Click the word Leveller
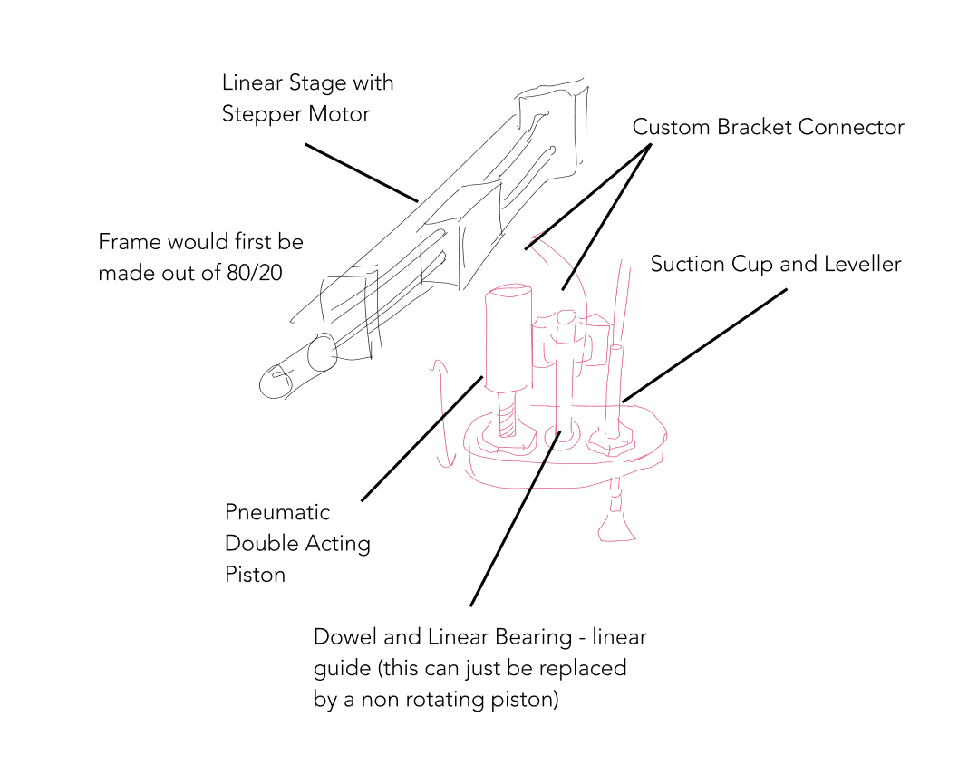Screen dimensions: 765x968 coord(862,264)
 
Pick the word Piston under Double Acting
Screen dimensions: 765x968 coord(255,575)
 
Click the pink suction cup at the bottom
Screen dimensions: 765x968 coord(616,526)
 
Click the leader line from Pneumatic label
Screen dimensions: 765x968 coord(421,439)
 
